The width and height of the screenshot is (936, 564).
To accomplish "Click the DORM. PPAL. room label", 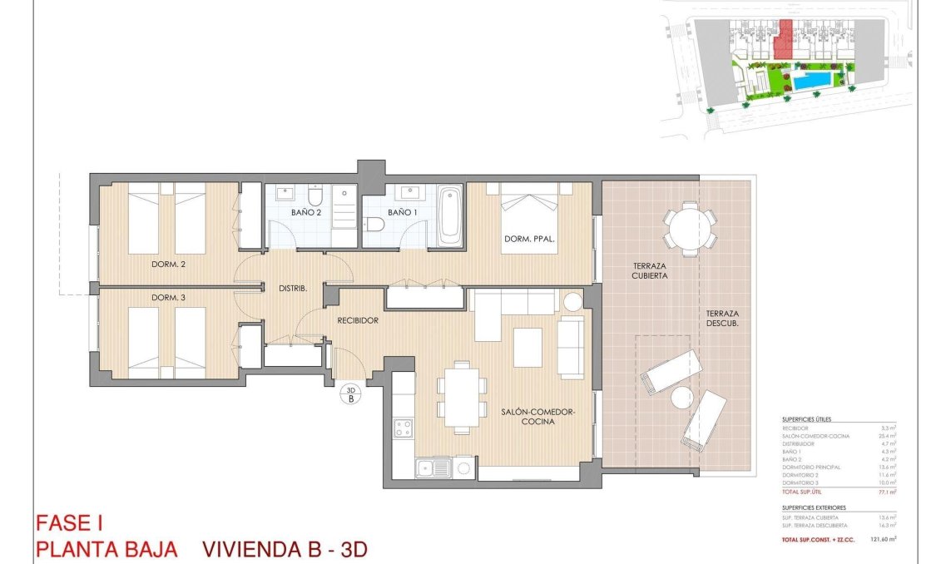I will click(529, 240).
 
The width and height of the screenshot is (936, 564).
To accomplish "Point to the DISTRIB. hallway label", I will click(293, 289).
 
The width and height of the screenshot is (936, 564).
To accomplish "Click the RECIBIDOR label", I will click(359, 320).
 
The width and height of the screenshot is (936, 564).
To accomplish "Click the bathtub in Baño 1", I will click(449, 216).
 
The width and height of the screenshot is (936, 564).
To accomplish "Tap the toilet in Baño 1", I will click(374, 223).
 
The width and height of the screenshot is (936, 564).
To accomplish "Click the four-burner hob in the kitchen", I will click(404, 429).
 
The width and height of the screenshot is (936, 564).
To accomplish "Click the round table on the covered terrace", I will click(691, 225).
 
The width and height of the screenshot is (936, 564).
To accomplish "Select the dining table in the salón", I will click(463, 397).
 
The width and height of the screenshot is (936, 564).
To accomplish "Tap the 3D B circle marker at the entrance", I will click(351, 393).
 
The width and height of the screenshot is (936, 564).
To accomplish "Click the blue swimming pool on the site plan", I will click(810, 81).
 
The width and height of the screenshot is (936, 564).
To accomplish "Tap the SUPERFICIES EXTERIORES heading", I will click(814, 507).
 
